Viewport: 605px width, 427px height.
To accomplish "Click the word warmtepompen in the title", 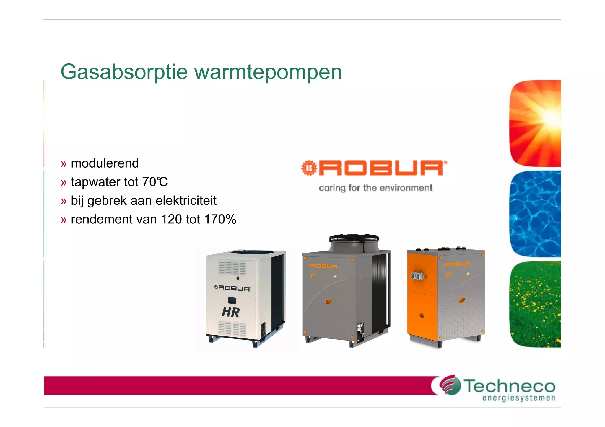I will (268, 72).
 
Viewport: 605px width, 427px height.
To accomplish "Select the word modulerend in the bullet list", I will (105, 163).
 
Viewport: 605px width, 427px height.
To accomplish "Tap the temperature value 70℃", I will (155, 182).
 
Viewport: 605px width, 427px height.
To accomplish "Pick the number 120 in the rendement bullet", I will (171, 219).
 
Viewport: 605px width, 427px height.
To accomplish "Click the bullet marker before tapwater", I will (64, 183).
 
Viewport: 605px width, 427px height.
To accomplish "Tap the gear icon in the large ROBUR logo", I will (309, 168).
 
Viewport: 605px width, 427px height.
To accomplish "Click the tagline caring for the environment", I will (375, 188).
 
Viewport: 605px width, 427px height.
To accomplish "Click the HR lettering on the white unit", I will (231, 312).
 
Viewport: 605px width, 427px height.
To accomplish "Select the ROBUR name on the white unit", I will (232, 288).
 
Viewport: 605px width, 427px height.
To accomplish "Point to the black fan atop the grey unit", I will (354, 238).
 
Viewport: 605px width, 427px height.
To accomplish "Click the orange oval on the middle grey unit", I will (328, 302).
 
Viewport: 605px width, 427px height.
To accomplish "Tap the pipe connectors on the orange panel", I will (417, 276).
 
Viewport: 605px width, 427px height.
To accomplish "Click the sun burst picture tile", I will (535, 123).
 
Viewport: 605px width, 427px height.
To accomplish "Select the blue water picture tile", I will (535, 214).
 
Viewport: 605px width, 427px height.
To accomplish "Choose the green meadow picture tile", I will (535, 304).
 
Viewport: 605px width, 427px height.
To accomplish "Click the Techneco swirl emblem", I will (450, 385).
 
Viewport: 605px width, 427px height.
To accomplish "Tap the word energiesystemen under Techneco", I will (519, 398).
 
